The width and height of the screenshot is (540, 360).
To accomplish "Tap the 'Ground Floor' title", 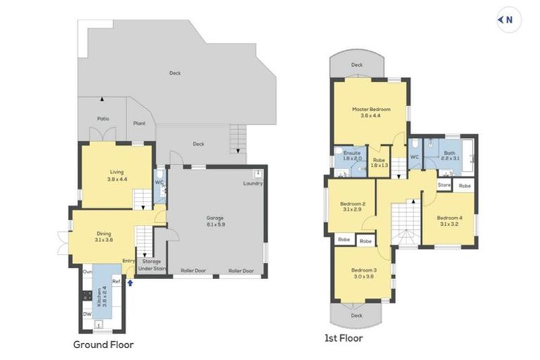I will (x=103, y=345).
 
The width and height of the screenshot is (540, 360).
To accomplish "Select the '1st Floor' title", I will (x=344, y=338).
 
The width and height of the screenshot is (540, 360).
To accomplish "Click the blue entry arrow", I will (x=130, y=283).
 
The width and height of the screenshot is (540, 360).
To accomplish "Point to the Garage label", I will (x=215, y=218).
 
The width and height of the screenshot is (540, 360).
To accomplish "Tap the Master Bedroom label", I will (x=371, y=110).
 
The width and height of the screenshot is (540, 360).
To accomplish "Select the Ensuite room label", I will (x=352, y=153).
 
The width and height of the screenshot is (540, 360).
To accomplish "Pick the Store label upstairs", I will (x=444, y=185).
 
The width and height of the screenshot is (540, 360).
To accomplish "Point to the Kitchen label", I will (x=101, y=296).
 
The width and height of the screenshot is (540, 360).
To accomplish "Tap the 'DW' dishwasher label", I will (x=86, y=314).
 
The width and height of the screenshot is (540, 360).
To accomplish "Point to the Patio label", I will (x=103, y=118).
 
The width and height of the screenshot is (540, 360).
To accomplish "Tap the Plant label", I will (x=140, y=124).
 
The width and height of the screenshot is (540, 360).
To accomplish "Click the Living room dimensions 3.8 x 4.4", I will (x=117, y=179).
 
